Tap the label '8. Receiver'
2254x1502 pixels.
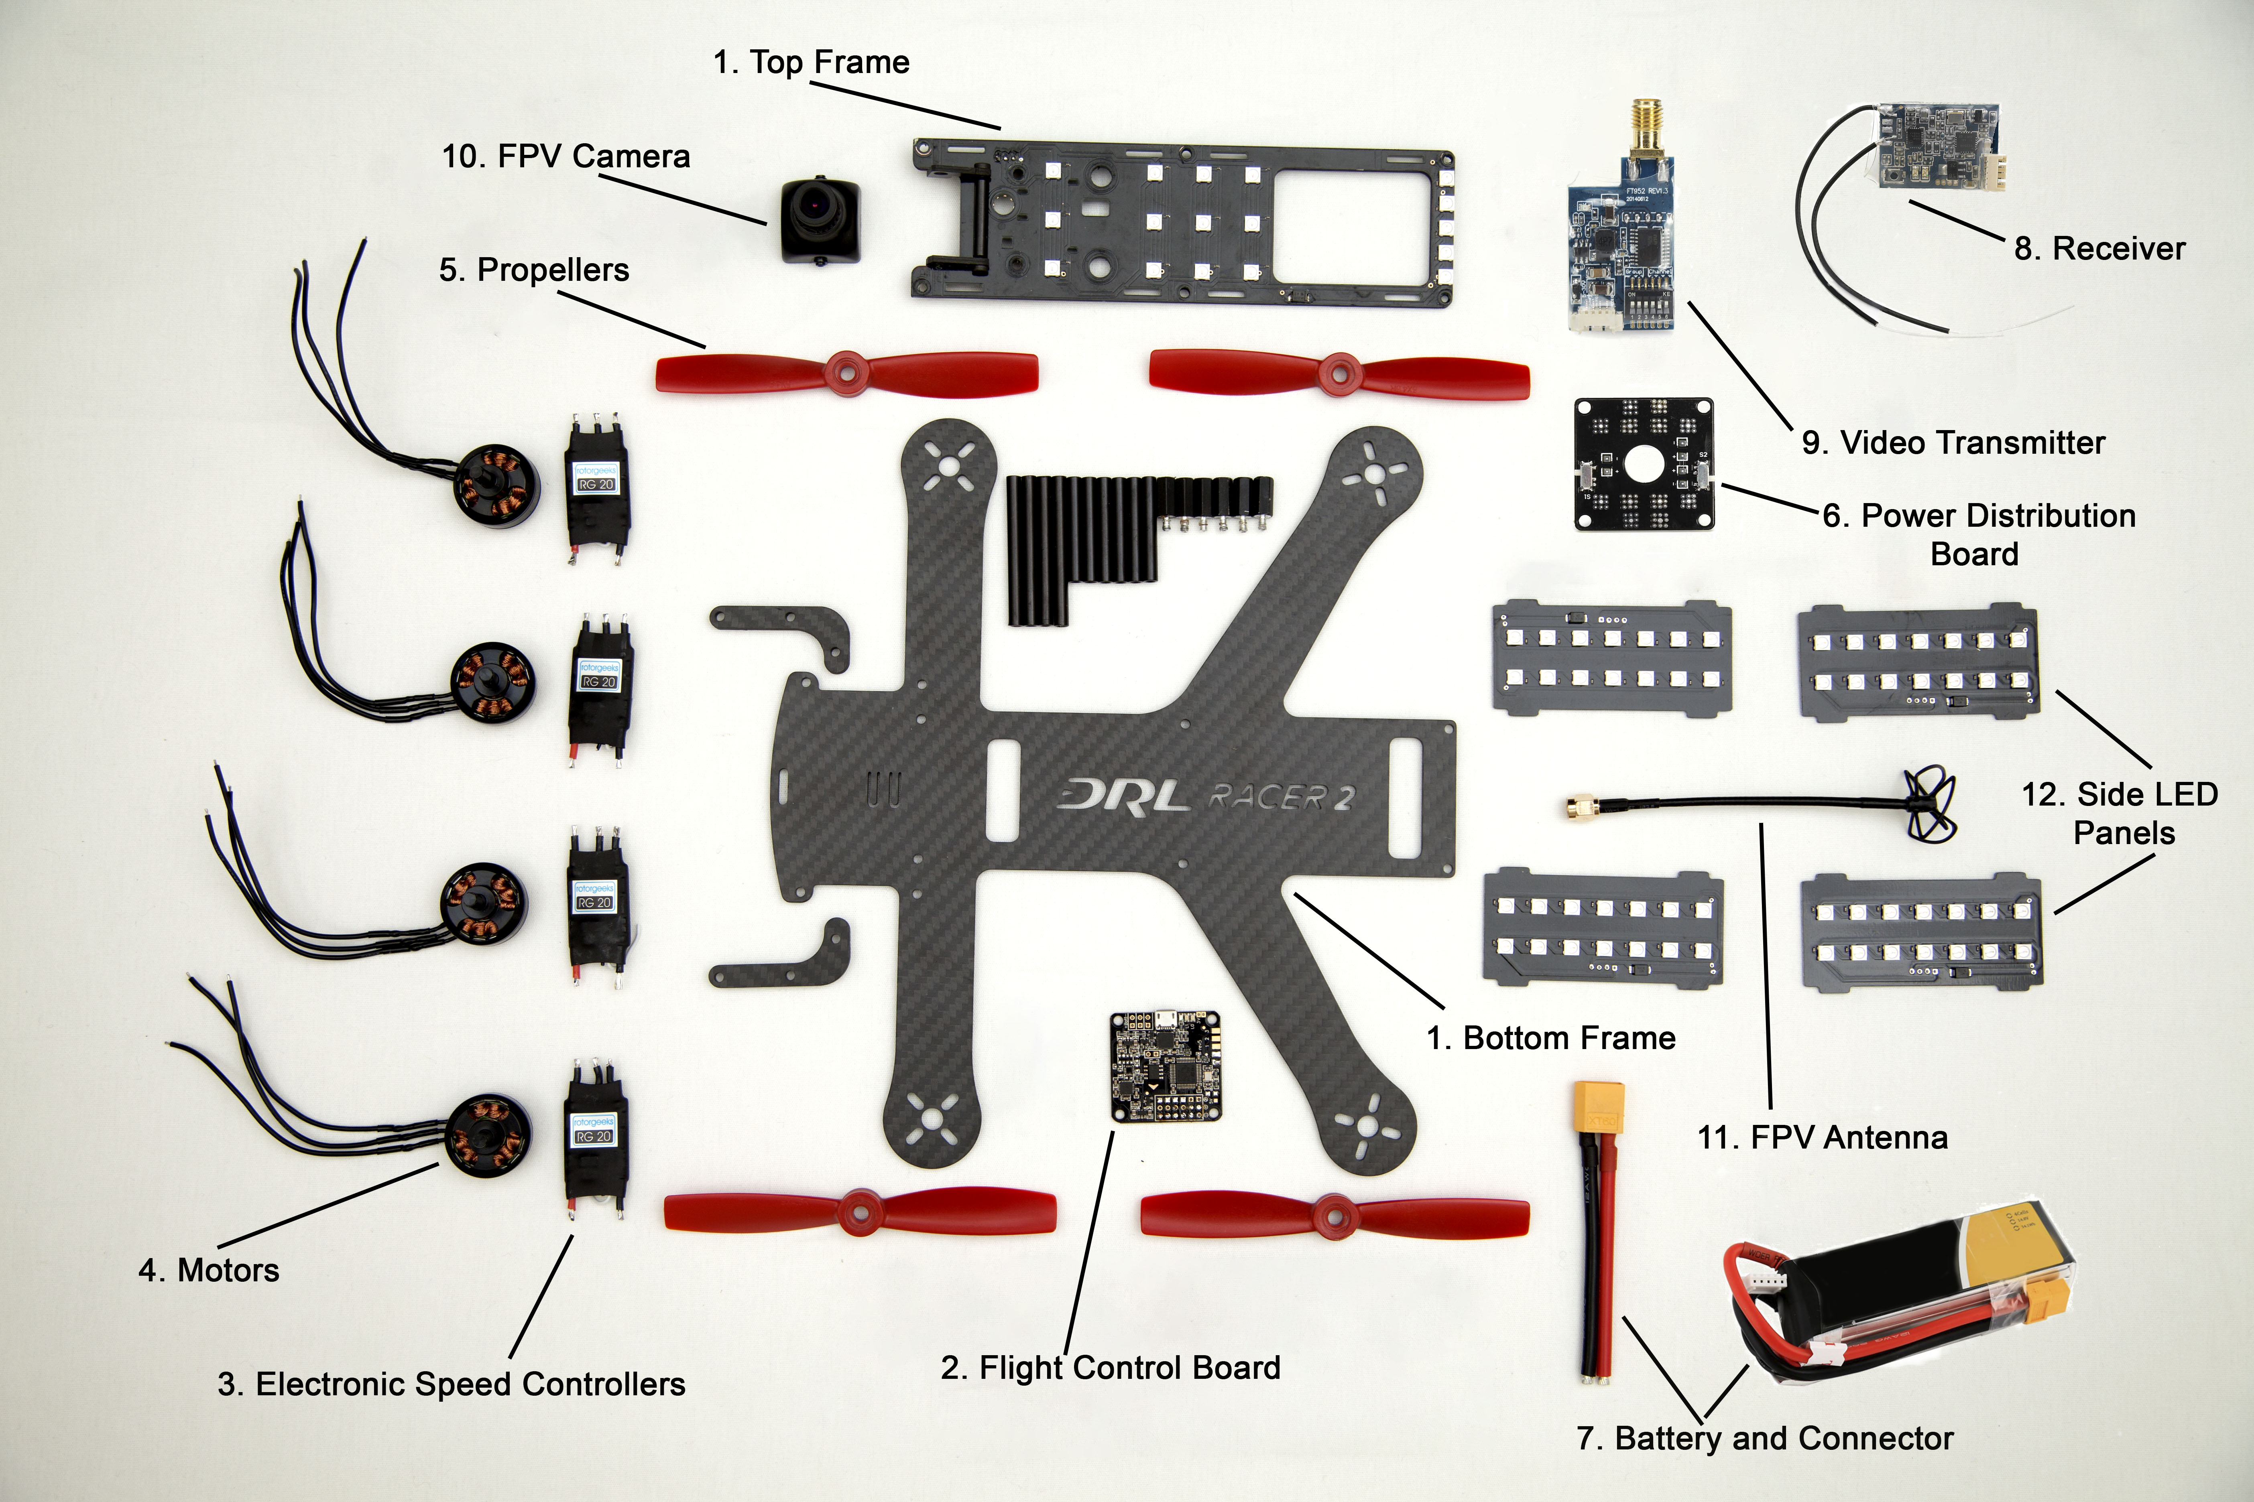click(x=2099, y=249)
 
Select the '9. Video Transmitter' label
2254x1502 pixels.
click(x=1953, y=442)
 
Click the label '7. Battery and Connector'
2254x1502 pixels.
click(x=1764, y=1438)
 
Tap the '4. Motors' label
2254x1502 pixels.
click(x=209, y=1270)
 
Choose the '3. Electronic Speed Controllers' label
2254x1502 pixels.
click(x=452, y=1384)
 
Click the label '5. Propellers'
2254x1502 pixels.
click(x=534, y=270)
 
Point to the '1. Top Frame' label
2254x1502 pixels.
click(x=811, y=62)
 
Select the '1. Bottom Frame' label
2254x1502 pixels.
click(x=1550, y=1038)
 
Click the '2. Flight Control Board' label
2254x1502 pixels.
click(x=1110, y=1368)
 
